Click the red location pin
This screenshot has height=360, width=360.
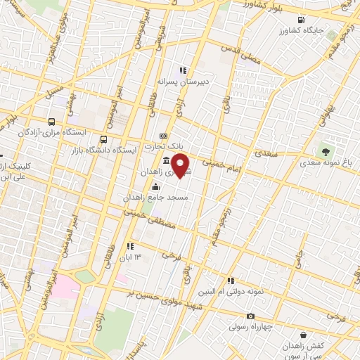point(181,165)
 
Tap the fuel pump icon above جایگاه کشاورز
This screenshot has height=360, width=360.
point(302,19)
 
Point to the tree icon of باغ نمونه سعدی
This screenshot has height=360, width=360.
point(325,150)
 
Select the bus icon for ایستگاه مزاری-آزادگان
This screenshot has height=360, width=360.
point(52,121)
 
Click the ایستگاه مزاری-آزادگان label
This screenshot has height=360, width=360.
point(77,131)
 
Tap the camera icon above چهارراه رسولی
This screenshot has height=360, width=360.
point(250,316)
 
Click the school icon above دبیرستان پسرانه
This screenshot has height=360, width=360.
point(184,70)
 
